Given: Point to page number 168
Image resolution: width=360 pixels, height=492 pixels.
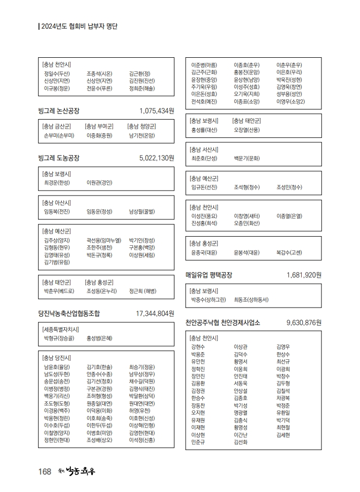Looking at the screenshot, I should pos(45,472).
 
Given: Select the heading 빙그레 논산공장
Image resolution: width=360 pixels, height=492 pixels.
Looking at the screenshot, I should pos(59,110).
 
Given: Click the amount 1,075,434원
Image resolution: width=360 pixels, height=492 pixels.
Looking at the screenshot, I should pos(157,110).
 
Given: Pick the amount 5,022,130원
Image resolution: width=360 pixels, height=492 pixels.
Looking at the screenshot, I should pos(157,158).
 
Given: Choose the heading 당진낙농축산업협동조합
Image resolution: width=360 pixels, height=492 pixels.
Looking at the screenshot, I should pos(69,314).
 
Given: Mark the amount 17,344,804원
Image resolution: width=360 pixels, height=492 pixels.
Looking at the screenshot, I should pos(155,314).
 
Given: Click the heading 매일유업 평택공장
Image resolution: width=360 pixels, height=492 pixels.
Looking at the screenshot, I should pos(209,275).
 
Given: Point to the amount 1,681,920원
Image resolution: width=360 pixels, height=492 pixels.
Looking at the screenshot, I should pos(304,275).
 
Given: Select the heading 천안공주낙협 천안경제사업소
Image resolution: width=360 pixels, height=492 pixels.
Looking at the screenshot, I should pos(223,323).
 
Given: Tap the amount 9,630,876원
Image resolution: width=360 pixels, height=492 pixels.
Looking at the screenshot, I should pos(304,323).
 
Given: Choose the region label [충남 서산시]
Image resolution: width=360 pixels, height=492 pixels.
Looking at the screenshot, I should pos(204,149).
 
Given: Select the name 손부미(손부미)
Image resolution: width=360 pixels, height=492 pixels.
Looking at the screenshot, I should pos(59,135).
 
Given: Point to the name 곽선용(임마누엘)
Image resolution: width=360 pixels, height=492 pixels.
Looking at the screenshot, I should pos(104,240).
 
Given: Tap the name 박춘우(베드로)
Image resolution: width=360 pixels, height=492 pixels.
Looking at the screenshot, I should pos(59,291).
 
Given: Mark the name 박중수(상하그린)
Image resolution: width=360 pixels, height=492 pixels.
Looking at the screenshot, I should pos(208,299).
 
